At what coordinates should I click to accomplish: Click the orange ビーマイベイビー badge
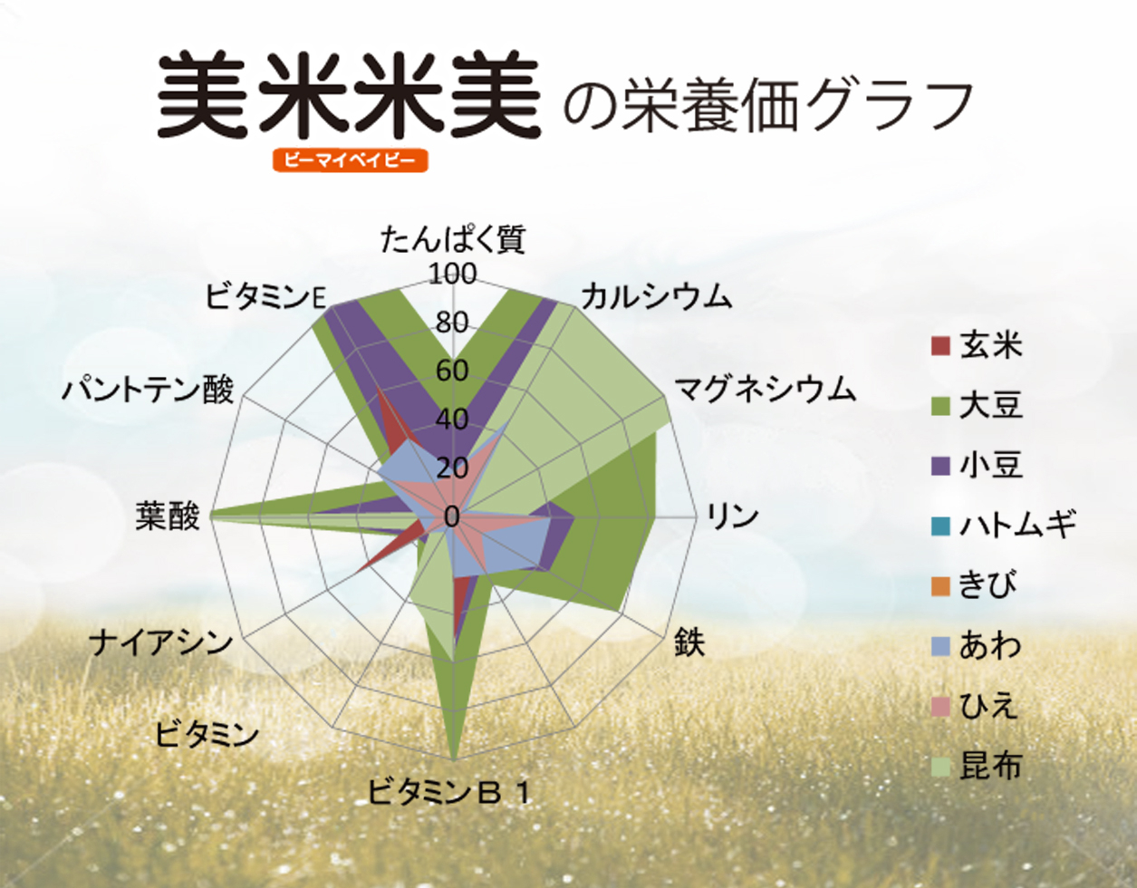(x=350, y=160)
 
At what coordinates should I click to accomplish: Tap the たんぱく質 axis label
(x=453, y=240)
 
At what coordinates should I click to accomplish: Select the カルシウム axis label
(x=657, y=296)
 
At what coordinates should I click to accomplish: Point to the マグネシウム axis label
(x=765, y=391)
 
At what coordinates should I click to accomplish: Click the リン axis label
(x=734, y=516)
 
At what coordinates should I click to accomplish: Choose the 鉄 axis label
(x=689, y=642)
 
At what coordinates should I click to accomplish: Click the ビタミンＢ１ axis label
(x=450, y=792)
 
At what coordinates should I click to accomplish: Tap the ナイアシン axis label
(x=160, y=642)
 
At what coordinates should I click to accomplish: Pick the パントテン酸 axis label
(x=148, y=390)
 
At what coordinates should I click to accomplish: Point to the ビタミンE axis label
(x=265, y=296)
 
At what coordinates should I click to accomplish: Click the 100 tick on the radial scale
(x=453, y=274)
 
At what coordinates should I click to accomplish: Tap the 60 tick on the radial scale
(x=452, y=371)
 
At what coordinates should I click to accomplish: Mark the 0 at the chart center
(x=452, y=517)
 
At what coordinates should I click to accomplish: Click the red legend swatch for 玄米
(x=940, y=346)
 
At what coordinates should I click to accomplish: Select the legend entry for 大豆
(x=978, y=407)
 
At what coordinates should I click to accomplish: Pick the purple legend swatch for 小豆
(x=940, y=467)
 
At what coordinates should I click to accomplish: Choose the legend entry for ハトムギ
(x=1004, y=526)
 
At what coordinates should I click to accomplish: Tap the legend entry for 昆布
(x=978, y=766)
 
